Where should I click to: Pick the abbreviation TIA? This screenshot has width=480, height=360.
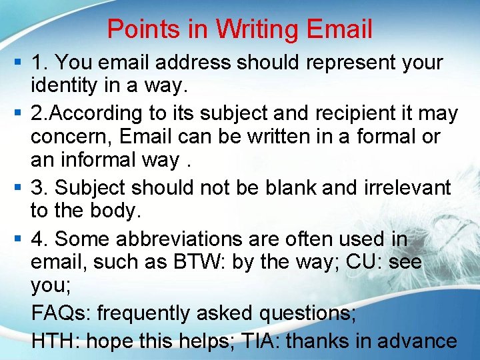pyautogui.click(x=253, y=341)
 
